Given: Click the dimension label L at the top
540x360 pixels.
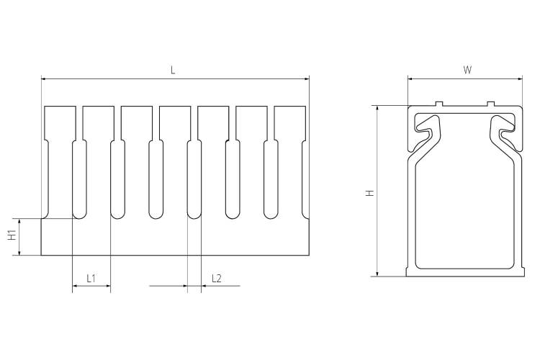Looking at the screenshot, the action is click(173, 71).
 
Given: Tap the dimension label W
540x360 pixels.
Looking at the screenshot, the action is click(467, 71).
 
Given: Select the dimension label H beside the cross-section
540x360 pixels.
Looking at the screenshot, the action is click(370, 193).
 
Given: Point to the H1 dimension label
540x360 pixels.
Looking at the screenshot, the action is click(13, 235).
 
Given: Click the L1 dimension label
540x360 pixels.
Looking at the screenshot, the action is click(91, 279).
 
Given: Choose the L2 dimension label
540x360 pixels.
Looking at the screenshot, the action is click(217, 279).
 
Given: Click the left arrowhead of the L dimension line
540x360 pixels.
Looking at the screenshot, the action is click(44, 79).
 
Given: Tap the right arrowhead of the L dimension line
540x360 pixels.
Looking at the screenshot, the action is click(307, 79).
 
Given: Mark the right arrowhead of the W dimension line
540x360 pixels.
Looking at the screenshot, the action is click(520, 79).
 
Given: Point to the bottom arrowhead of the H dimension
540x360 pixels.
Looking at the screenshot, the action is click(378, 273).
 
